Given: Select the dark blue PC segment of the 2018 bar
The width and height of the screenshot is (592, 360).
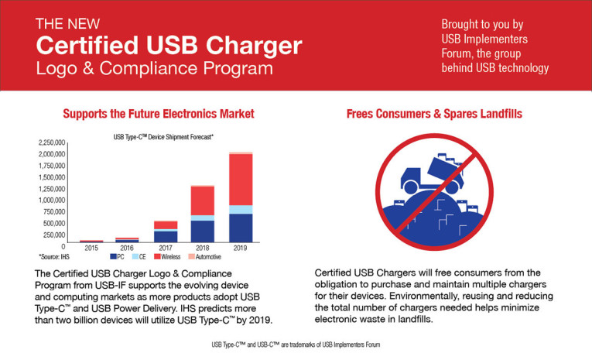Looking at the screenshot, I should (203, 231).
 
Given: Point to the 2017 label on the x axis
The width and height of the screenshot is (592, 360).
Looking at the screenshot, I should (165, 248).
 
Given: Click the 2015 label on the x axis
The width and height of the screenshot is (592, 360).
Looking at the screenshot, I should (91, 248).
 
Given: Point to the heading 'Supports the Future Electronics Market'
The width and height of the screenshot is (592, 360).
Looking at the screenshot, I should (159, 114).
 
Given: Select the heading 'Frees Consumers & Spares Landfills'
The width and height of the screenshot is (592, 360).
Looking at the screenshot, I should (433, 114).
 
